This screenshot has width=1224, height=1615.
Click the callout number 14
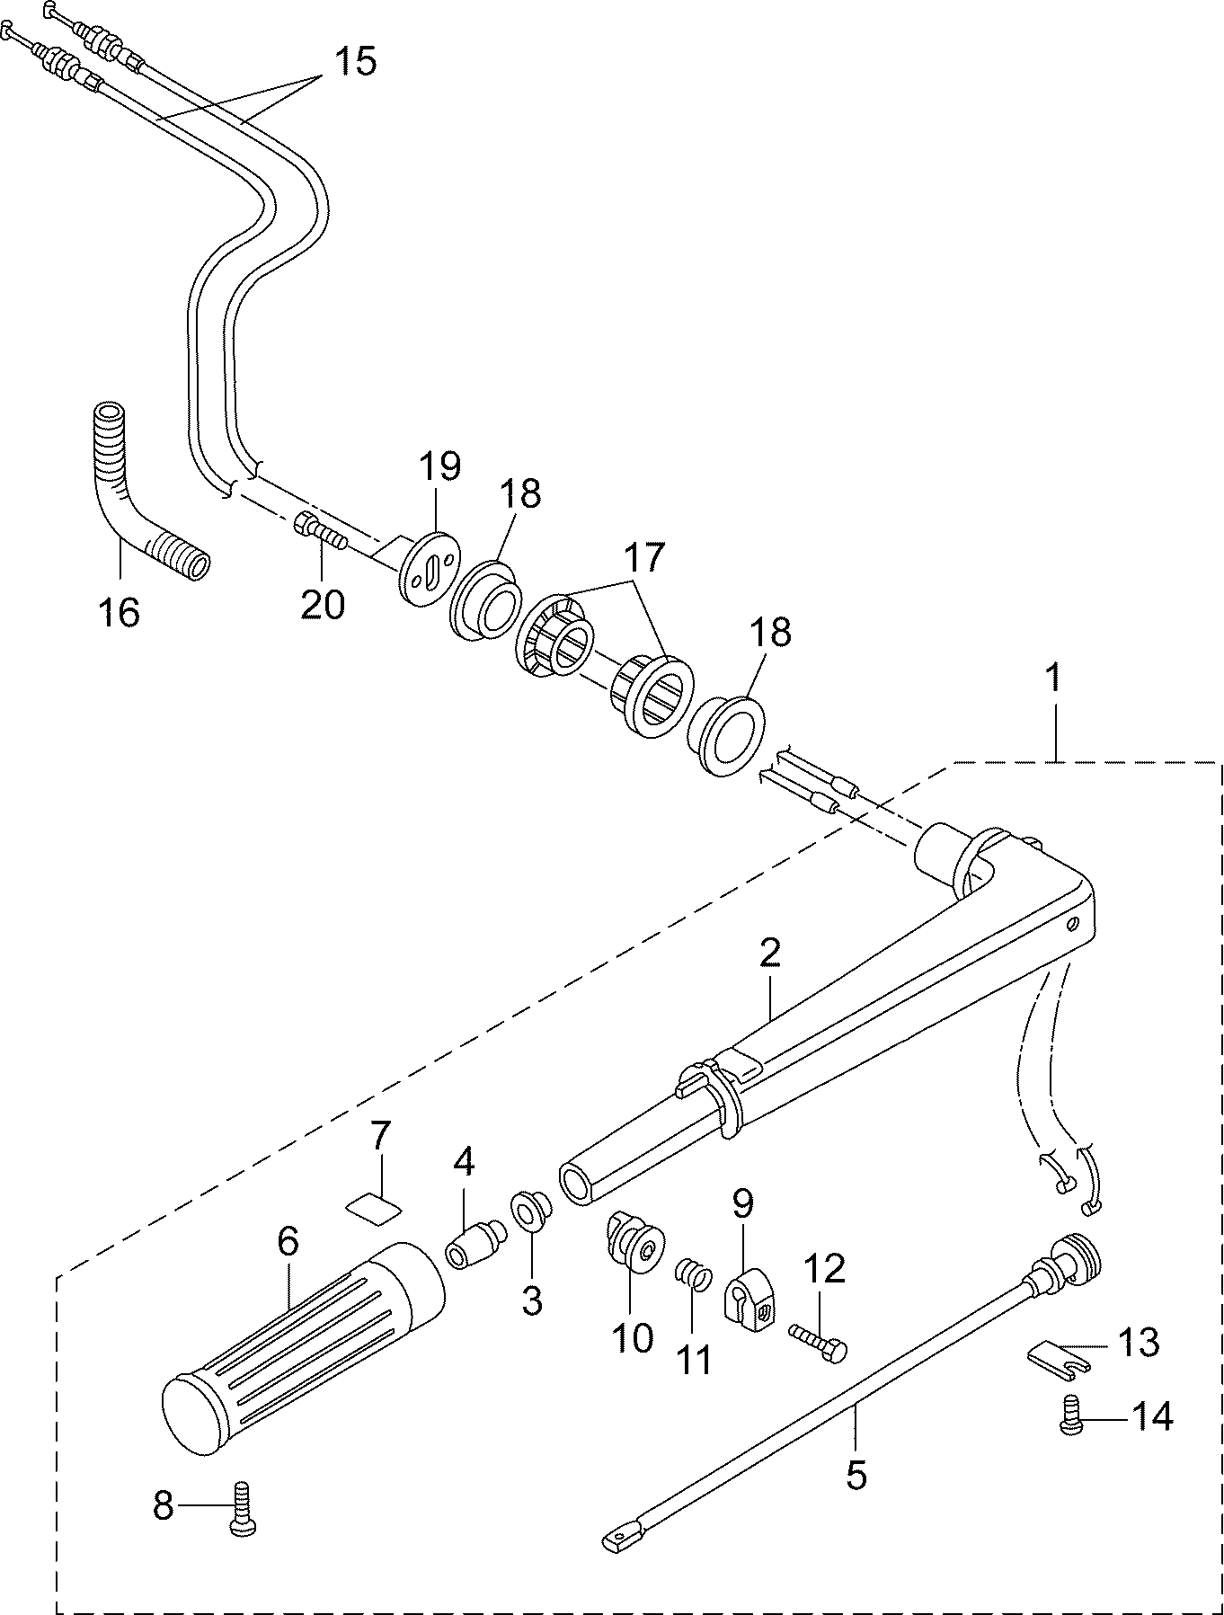coord(1151,1416)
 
